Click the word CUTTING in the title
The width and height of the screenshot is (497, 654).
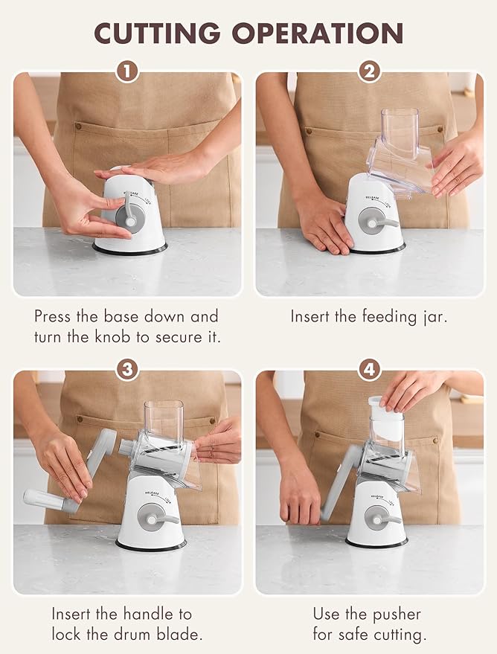click(x=157, y=33)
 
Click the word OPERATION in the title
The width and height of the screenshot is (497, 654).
click(x=318, y=33)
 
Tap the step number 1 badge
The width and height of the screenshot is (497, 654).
click(x=127, y=71)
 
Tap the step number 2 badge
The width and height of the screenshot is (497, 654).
click(x=370, y=71)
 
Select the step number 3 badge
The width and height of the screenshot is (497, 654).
click(x=127, y=369)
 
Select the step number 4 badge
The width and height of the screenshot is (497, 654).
click(x=370, y=369)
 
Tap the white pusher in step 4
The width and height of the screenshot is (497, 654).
click(x=385, y=418)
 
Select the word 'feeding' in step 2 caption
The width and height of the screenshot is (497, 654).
click(x=389, y=316)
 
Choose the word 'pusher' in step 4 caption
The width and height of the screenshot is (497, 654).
click(x=397, y=615)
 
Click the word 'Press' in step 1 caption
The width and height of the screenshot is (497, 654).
click(x=52, y=316)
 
